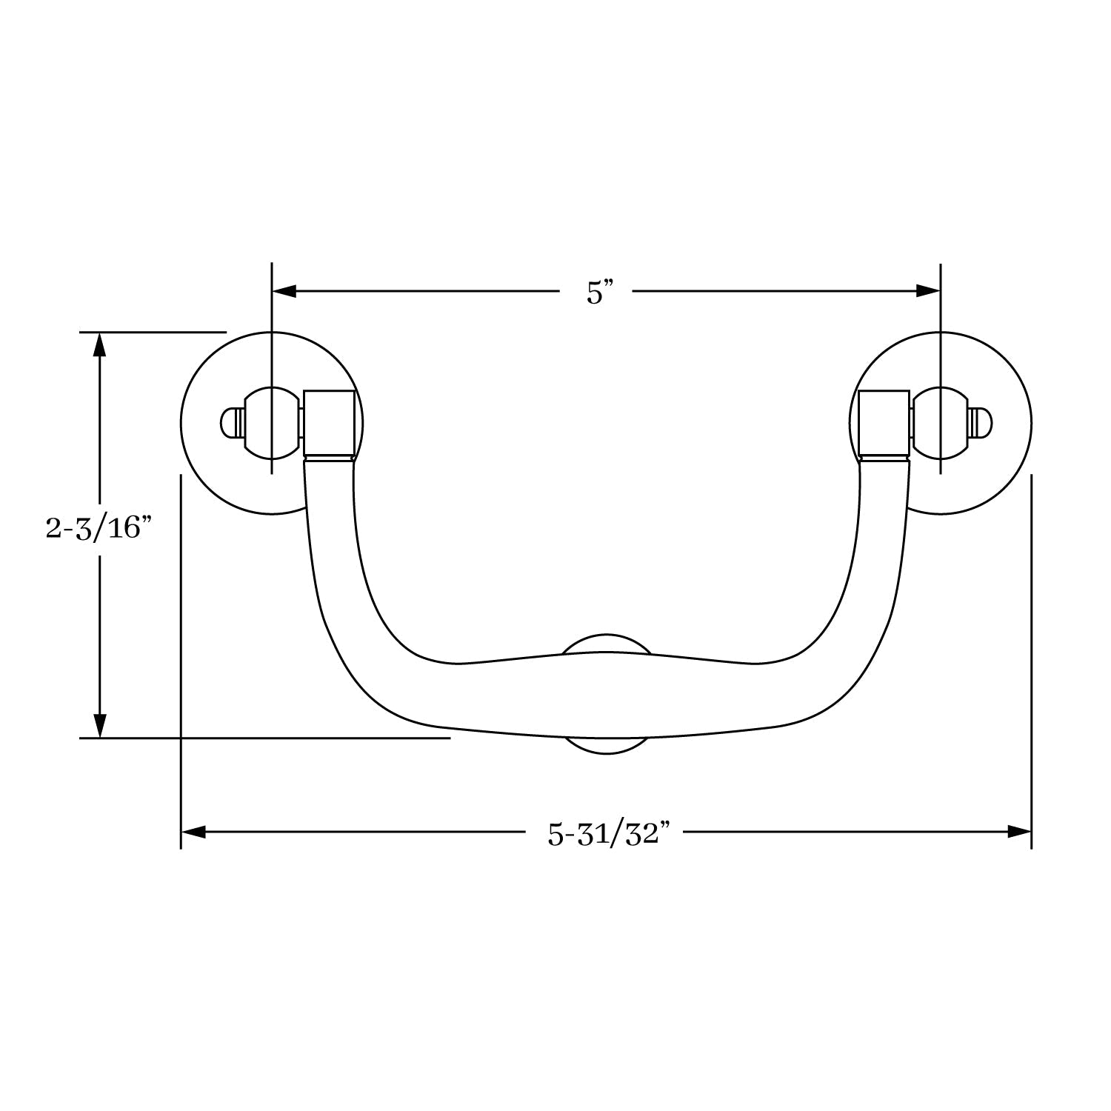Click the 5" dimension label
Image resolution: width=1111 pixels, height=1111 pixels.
[595, 293]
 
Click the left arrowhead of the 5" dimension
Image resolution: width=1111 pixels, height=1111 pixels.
[284, 291]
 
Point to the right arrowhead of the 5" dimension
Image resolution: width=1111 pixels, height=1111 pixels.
[928, 291]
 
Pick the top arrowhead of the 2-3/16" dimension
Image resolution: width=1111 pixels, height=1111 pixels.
[100, 344]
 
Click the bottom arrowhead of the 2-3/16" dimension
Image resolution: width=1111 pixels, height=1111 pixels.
[100, 725]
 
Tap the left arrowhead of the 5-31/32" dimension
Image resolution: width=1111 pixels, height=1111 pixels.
[193, 833]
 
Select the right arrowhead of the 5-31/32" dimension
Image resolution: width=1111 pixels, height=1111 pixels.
[1019, 833]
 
